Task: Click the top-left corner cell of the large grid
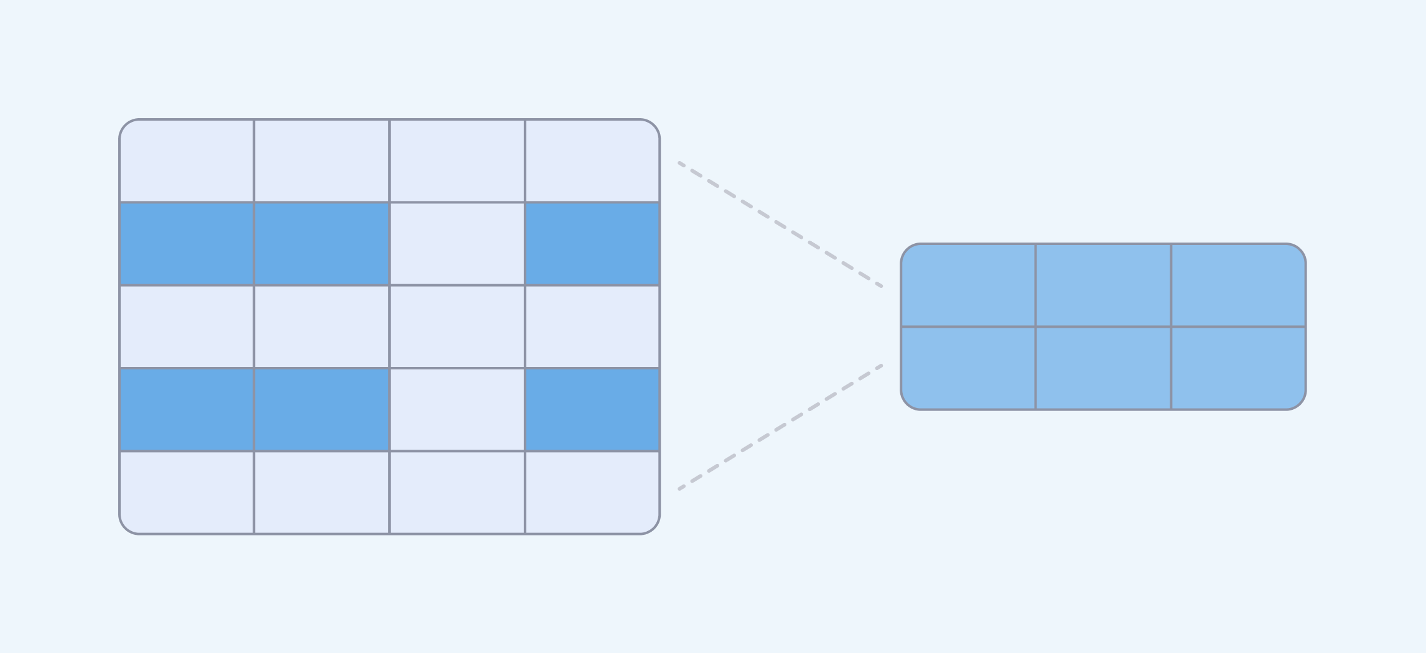(x=187, y=161)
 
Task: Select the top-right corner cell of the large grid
(x=592, y=161)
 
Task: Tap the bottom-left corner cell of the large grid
(x=187, y=493)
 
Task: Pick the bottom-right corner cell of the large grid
(x=592, y=493)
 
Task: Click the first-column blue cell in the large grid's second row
(x=187, y=244)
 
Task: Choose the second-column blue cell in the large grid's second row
(x=322, y=244)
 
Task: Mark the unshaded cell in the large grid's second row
(x=457, y=244)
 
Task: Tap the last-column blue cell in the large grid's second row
(x=592, y=244)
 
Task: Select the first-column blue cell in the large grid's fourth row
(x=187, y=410)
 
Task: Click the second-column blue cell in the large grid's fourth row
(x=322, y=410)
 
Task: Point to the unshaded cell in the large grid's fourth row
(x=457, y=410)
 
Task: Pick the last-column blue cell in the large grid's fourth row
(x=592, y=410)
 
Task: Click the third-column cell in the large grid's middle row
(x=457, y=327)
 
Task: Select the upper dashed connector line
(x=780, y=225)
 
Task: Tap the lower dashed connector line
(x=780, y=427)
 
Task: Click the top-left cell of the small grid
(x=968, y=285)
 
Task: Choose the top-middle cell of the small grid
(x=1103, y=285)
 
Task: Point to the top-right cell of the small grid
(x=1238, y=285)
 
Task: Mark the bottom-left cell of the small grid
(x=968, y=368)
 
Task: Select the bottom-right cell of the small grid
(x=1238, y=368)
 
